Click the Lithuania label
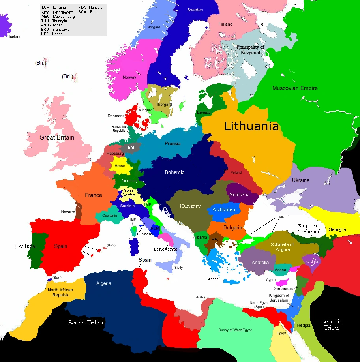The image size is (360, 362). tap(251, 126)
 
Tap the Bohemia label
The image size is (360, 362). tap(174, 172)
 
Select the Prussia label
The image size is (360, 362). tap(172, 143)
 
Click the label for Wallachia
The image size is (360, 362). tap(223, 210)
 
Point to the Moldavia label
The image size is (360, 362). tap(239, 195)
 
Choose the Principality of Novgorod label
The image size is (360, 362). tap(250, 49)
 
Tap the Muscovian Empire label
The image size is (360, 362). tap(295, 88)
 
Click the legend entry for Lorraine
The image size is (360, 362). tap(54, 8)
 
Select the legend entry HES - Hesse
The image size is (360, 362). tap(52, 34)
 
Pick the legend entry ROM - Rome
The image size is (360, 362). tap(89, 12)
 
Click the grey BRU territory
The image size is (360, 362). tap(131, 148)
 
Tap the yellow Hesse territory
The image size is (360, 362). tap(120, 165)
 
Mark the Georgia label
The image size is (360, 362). tap(337, 229)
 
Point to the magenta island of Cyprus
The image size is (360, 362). tap(282, 283)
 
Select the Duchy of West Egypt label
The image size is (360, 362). tap(235, 330)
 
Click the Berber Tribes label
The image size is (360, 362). tap(86, 323)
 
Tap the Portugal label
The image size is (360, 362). tap(26, 246)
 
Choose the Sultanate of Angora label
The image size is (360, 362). tap(282, 247)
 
